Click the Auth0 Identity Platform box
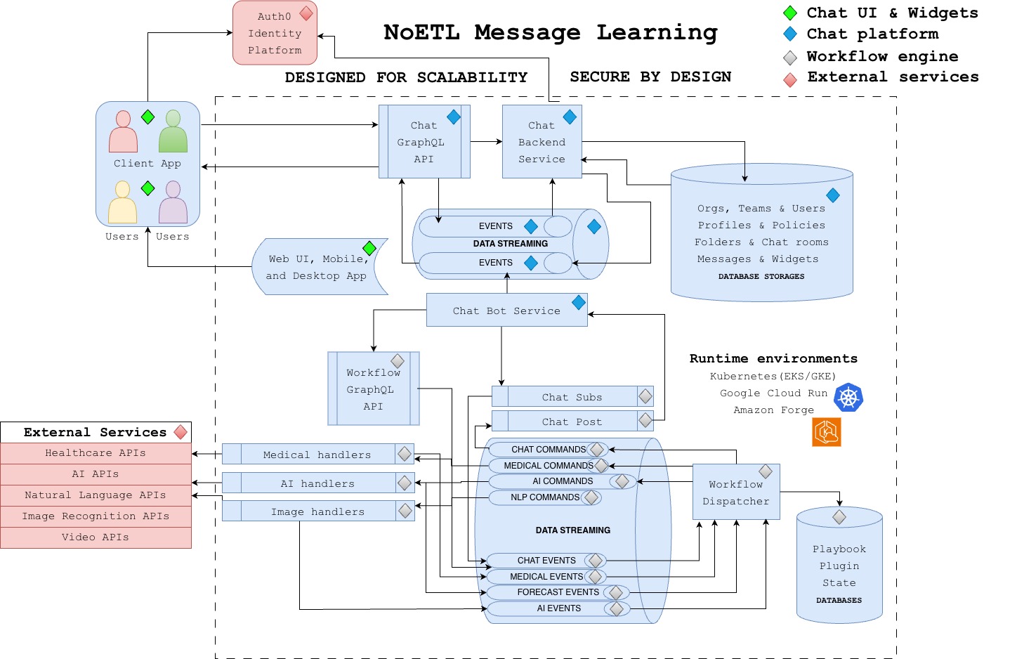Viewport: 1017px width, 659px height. point(275,33)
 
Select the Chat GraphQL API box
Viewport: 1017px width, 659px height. point(424,142)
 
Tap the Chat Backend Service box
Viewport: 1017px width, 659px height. point(542,142)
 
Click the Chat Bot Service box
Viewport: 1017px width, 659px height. point(506,311)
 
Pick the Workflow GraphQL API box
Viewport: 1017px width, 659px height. point(373,389)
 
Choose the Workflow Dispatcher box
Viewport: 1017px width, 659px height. point(735,492)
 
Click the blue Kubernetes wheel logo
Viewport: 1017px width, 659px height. point(848,398)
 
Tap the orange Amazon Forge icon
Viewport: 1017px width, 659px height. point(827,432)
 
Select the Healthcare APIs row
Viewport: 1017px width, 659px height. point(96,453)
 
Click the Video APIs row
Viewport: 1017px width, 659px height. point(96,537)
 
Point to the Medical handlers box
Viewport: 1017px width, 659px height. point(317,455)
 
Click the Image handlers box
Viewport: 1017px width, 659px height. point(317,511)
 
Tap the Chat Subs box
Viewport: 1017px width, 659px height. point(572,397)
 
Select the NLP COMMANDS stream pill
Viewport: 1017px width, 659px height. point(545,497)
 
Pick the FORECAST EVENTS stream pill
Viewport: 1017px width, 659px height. point(558,592)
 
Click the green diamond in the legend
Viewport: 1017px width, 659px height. point(790,13)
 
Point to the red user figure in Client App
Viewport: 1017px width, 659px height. point(123,132)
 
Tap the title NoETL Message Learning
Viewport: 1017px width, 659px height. point(551,32)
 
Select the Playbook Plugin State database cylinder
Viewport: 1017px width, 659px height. point(839,566)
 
